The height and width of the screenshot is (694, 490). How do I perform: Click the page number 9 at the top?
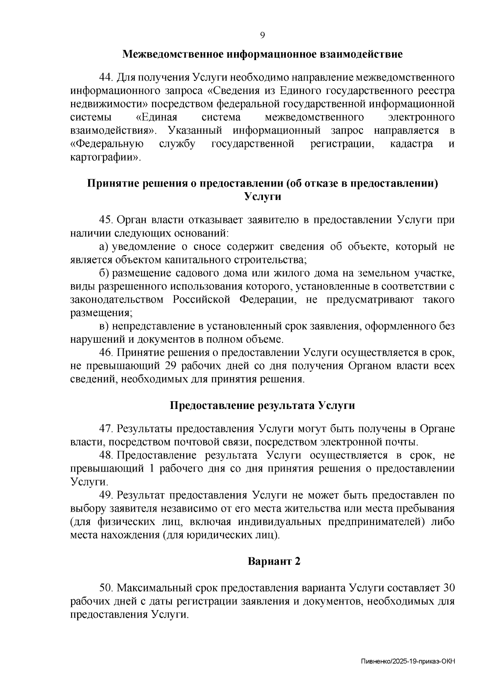click(263, 35)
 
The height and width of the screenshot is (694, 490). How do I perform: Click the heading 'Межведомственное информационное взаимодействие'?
click(263, 54)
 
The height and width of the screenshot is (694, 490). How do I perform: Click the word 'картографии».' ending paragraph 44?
click(105, 157)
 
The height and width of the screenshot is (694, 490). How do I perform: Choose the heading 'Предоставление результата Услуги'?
click(263, 406)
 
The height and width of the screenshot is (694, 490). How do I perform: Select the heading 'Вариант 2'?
click(274, 561)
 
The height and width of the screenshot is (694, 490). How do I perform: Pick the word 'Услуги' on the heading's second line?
click(263, 197)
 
